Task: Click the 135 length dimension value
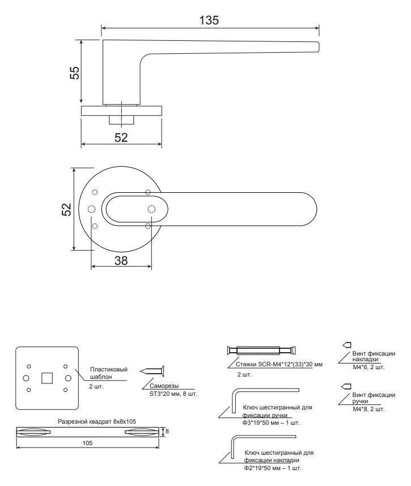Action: [x=209, y=20]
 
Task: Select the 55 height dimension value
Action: [x=75, y=73]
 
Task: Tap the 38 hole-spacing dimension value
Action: [x=121, y=261]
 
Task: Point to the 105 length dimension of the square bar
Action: [x=87, y=443]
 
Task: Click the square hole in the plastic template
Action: [x=47, y=378]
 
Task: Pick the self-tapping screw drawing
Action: [x=152, y=371]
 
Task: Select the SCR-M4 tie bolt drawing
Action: [x=261, y=350]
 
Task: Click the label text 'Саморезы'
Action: [x=164, y=386]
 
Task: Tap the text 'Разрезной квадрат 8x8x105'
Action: [x=97, y=421]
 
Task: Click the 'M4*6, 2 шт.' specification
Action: [x=368, y=367]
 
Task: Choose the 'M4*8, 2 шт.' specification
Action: [x=368, y=409]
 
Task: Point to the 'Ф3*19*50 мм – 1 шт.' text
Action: [x=271, y=423]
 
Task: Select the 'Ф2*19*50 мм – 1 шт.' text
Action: [x=273, y=468]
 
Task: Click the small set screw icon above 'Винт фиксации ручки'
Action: [x=346, y=387]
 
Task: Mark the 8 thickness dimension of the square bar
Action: [x=167, y=431]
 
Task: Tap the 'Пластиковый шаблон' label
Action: [x=109, y=373]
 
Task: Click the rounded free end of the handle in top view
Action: [x=316, y=209]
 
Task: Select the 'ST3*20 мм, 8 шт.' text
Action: [x=173, y=394]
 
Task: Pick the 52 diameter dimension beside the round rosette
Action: [x=66, y=209]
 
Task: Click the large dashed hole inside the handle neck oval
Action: [x=151, y=209]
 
